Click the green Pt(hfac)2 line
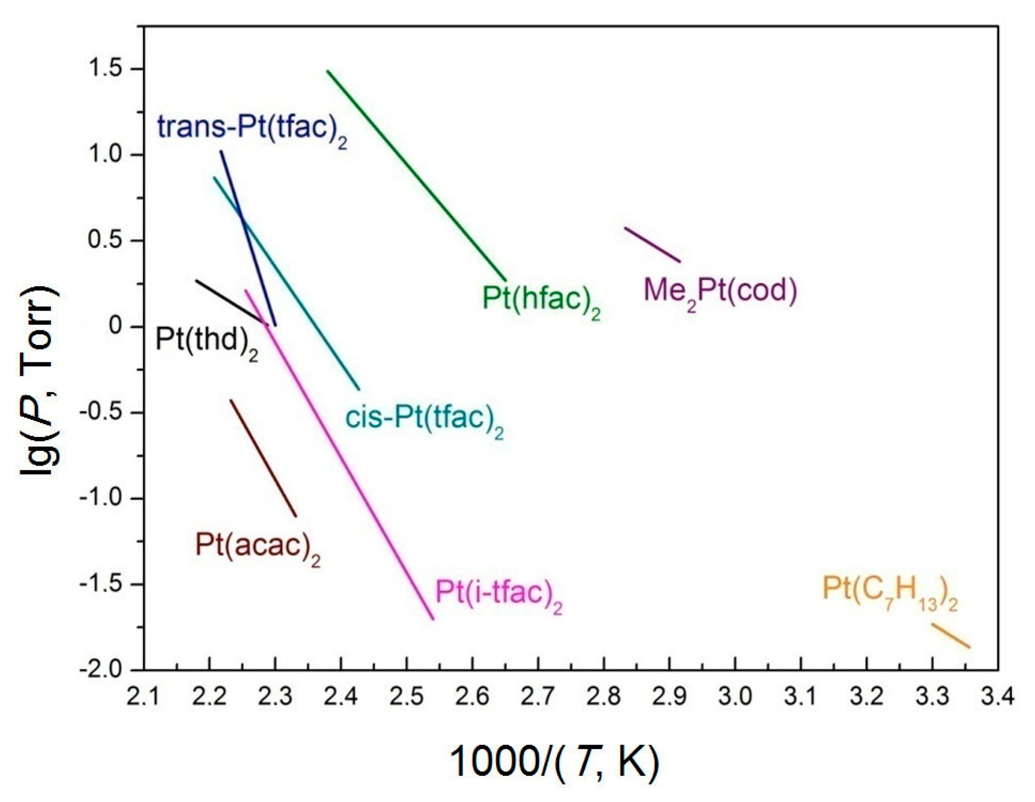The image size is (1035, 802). pos(416,176)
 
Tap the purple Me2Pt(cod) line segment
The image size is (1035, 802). pos(653,245)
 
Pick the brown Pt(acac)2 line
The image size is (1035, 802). pos(263,458)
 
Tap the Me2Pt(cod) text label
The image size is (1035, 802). pos(720,291)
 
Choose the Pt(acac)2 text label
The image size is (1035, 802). pos(258,546)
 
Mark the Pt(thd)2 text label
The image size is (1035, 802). pos(207,341)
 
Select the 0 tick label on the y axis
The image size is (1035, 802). pos(115,326)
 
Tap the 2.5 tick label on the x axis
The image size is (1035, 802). pos(406,698)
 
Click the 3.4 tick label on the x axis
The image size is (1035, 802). pos(997,698)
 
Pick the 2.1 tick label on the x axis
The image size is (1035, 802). pos(144,698)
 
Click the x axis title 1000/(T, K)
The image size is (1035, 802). pos(554,762)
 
